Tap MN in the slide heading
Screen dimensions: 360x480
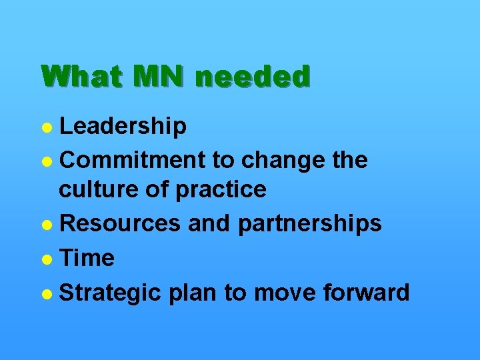pos(157,77)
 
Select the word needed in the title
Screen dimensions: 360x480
pos(253,77)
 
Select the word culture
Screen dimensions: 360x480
pos(97,190)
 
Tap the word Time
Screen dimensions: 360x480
pos(87,258)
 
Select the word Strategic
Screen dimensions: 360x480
pos(110,293)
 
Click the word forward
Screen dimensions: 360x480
pos(367,293)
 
